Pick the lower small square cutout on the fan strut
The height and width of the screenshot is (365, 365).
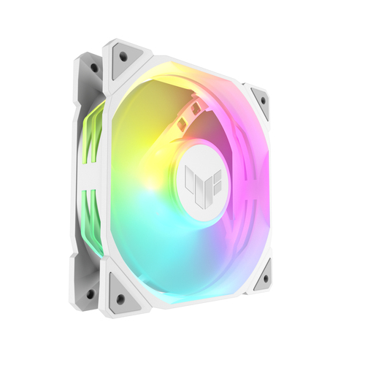pos(179,124)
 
